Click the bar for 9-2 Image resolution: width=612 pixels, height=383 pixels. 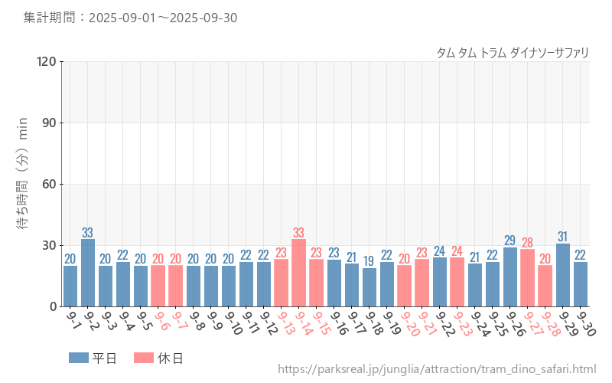point(88,273)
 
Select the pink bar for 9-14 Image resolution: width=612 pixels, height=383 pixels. point(299,273)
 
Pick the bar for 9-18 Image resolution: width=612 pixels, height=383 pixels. point(369,287)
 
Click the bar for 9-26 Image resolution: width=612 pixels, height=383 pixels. point(510,277)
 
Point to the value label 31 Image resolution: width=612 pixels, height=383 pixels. point(563,237)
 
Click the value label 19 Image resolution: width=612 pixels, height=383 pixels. point(369,261)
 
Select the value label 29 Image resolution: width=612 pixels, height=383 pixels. point(510,241)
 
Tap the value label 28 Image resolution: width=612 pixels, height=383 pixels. point(528,243)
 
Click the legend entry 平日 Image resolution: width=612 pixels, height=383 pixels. point(93,358)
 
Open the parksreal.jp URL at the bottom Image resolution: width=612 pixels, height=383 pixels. point(437,369)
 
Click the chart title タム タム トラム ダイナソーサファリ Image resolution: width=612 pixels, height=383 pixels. point(513,52)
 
